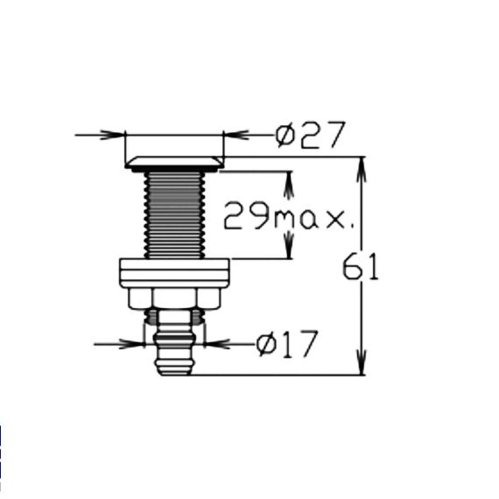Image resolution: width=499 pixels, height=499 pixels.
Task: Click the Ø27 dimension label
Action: tap(310, 135)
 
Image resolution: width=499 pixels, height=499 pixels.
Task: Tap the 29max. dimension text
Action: tap(289, 215)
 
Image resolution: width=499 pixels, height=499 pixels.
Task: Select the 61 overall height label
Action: tap(361, 266)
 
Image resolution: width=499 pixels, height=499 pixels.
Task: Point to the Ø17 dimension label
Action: tap(287, 344)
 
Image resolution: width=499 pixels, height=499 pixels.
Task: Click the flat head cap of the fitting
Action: tap(174, 164)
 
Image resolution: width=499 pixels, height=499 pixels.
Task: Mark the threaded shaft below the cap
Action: tap(174, 215)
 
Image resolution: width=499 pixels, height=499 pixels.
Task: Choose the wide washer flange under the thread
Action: tap(174, 273)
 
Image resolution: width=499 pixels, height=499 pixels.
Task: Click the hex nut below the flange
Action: tap(174, 299)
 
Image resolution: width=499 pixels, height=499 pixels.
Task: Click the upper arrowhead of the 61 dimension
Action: tap(362, 169)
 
